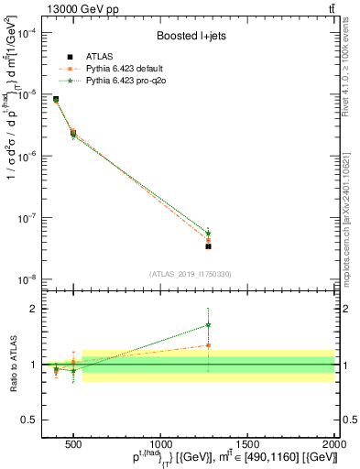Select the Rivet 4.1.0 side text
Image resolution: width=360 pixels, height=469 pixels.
351,69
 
